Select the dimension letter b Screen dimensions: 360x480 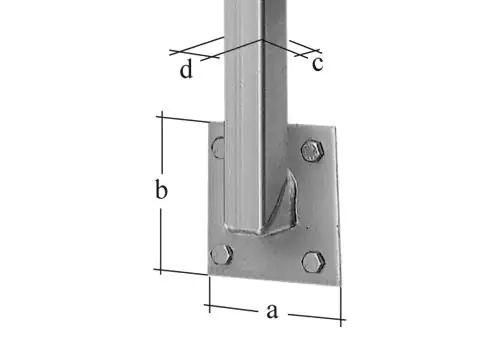[160, 191]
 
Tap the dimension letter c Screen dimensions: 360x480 [317, 64]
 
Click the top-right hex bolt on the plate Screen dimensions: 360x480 [312, 151]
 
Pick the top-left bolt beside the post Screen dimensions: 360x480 [219, 149]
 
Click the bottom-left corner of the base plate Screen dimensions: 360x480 [208, 274]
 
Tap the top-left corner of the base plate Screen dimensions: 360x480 [210, 123]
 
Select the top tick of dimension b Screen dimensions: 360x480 [161, 116]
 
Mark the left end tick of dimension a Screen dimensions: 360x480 [209, 305]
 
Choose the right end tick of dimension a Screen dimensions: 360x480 [341, 319]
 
